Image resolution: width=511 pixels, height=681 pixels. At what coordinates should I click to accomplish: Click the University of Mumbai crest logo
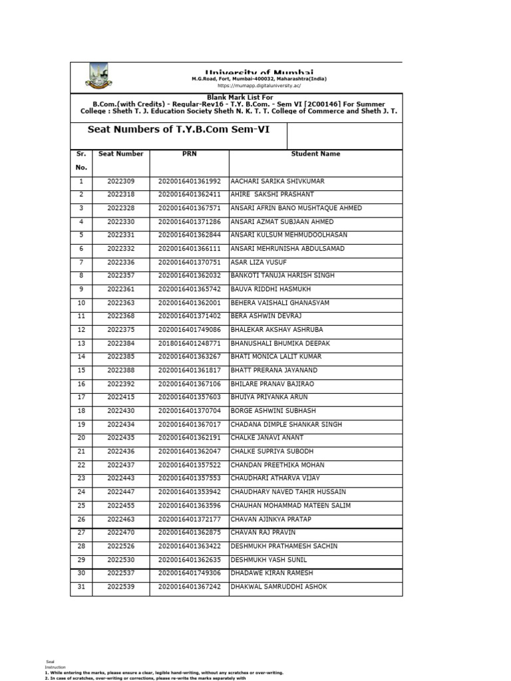98,76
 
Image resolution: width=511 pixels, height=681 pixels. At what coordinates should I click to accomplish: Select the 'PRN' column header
189,154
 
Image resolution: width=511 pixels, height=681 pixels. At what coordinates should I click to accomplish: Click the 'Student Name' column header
315,154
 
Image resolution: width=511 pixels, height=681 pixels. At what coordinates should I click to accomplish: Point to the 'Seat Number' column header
120,154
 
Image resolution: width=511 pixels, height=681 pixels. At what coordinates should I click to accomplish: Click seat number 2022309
120,181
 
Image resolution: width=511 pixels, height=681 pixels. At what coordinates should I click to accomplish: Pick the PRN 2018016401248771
189,343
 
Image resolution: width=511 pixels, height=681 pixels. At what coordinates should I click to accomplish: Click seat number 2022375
120,329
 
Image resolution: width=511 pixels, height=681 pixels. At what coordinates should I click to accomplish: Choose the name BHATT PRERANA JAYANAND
273,370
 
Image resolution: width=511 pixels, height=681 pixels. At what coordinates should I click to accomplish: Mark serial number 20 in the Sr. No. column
81,438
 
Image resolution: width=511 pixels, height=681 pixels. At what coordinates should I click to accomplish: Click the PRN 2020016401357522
189,465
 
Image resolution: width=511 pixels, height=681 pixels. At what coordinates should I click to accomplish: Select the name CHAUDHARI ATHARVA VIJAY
275,478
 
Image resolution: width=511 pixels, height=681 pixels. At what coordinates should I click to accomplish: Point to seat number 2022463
120,519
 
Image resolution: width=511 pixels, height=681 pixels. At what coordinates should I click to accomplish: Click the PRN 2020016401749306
189,573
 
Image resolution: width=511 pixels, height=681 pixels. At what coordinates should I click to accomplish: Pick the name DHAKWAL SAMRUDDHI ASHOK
278,587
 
